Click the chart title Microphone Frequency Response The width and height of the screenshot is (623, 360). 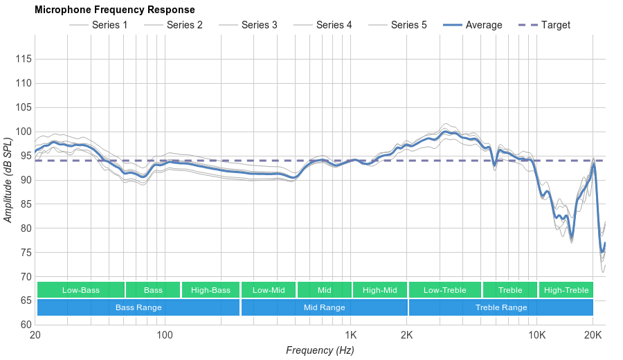pos(114,10)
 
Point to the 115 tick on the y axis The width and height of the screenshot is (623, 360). pos(24,59)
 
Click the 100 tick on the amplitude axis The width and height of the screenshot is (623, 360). pos(24,132)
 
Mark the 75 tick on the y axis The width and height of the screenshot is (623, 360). pos(24,253)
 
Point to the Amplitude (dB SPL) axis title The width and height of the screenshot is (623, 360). pos(8,180)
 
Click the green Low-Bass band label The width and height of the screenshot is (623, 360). pos(81,290)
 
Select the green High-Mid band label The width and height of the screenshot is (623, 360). pos(379,290)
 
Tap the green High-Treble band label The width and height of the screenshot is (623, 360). pos(566,290)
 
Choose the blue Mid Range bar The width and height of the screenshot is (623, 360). pos(324,307)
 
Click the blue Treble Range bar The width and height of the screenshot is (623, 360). pos(501,307)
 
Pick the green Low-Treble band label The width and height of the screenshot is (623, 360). pos(444,290)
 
